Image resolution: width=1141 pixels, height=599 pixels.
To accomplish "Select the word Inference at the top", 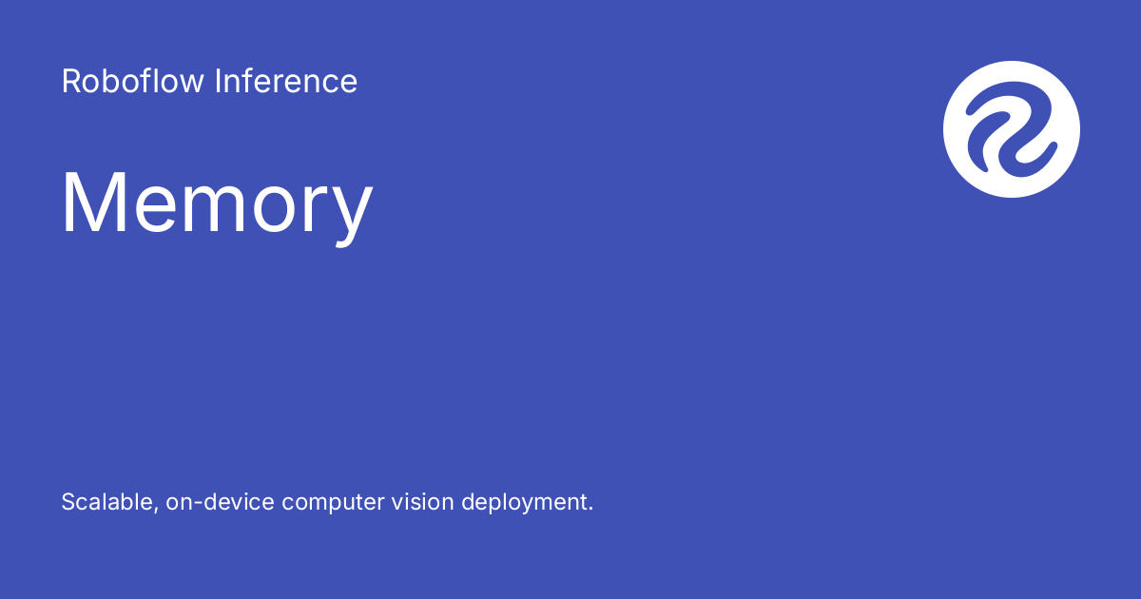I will coord(286,82).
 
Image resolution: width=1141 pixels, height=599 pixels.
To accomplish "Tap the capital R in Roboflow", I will coord(70,82).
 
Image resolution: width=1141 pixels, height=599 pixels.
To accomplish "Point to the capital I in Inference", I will coord(218,82).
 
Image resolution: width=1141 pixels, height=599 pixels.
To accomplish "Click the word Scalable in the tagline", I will coord(104,502).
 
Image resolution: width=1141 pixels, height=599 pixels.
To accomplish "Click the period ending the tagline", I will coord(590,510).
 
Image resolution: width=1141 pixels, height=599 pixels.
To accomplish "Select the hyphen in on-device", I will coord(195,504).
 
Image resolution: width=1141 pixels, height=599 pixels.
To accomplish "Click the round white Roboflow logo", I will coord(1011,129).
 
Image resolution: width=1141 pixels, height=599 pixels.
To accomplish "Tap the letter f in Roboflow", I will coord(160,82).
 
